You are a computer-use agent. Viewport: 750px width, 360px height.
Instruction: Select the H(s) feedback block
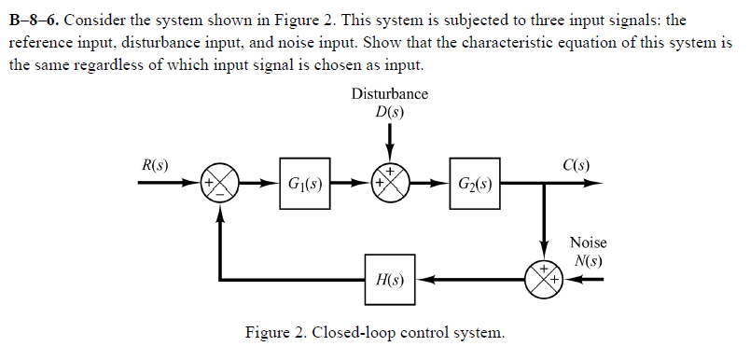[x=390, y=278]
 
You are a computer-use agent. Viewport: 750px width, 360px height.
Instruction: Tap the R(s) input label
[x=155, y=165]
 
